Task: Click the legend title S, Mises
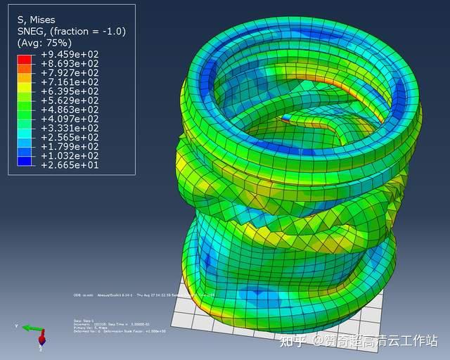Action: (x=37, y=20)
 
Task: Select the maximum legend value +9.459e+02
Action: (x=70, y=54)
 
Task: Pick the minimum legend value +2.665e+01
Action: (x=70, y=165)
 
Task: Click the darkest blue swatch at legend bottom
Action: (x=25, y=161)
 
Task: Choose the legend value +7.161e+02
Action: (x=70, y=82)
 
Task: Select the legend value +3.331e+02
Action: (x=70, y=128)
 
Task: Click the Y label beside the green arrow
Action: (x=16, y=326)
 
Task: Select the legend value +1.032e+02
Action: (x=70, y=155)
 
